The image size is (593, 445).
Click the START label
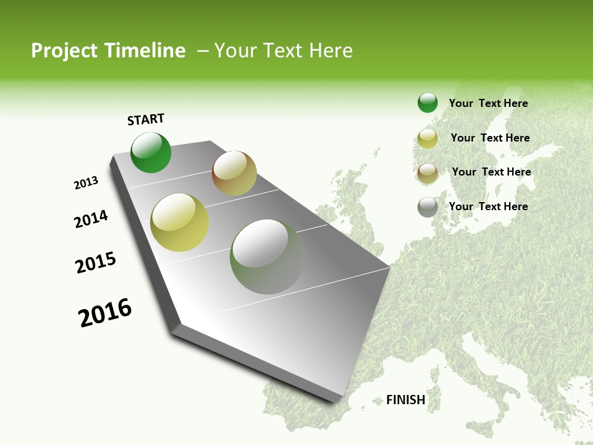[146, 119]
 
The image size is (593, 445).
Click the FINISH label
[405, 400]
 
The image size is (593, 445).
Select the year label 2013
[86, 183]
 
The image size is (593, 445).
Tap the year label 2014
[91, 219]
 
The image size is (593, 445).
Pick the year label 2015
[96, 263]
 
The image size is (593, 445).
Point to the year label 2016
[105, 313]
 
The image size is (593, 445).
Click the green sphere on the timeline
[151, 153]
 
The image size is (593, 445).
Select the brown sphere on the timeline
[234, 173]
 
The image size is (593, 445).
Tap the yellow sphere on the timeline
[180, 222]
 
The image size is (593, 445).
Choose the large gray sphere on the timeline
[267, 256]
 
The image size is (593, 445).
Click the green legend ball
[427, 103]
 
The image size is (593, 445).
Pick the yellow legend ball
[427, 138]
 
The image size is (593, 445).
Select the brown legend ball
[427, 172]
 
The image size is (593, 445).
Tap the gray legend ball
[427, 207]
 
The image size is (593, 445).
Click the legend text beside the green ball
[488, 103]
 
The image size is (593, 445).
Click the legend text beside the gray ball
[488, 206]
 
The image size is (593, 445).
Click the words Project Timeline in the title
[108, 51]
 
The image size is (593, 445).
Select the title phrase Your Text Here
[283, 51]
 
